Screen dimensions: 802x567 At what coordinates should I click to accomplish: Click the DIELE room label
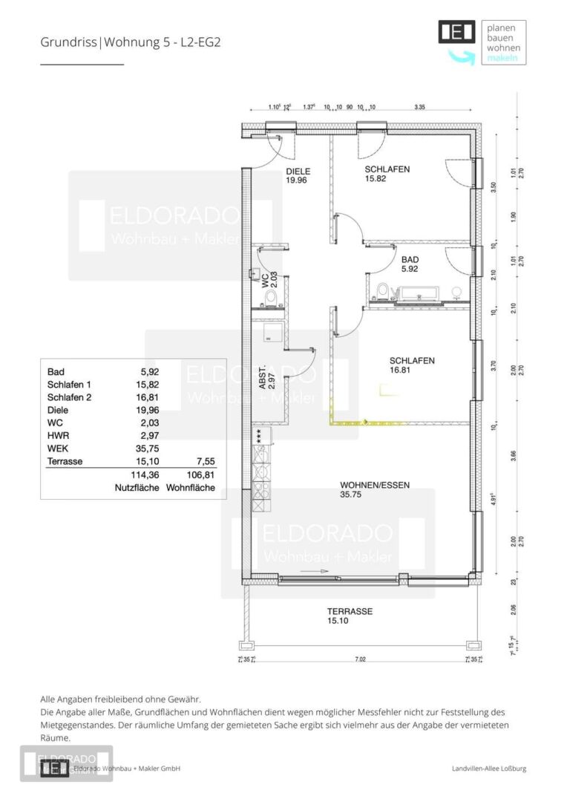[x=298, y=172]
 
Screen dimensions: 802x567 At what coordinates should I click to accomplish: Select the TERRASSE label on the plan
[x=350, y=611]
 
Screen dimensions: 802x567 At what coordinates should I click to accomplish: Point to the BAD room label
[x=410, y=259]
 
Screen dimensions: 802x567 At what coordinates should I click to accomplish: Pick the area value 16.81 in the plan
[x=401, y=370]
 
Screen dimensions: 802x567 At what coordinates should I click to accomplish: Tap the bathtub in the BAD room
[x=420, y=296]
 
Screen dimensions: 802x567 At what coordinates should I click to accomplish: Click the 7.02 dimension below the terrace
[x=360, y=659]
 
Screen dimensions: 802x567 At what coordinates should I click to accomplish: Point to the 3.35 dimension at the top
[x=419, y=107]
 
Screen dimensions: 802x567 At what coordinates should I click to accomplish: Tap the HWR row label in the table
[x=56, y=436]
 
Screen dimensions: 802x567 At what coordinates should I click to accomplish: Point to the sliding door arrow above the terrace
[x=315, y=570]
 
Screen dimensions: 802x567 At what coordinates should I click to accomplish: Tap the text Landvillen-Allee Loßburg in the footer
[x=489, y=769]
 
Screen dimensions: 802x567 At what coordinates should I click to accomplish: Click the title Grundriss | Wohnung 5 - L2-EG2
[x=130, y=42]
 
